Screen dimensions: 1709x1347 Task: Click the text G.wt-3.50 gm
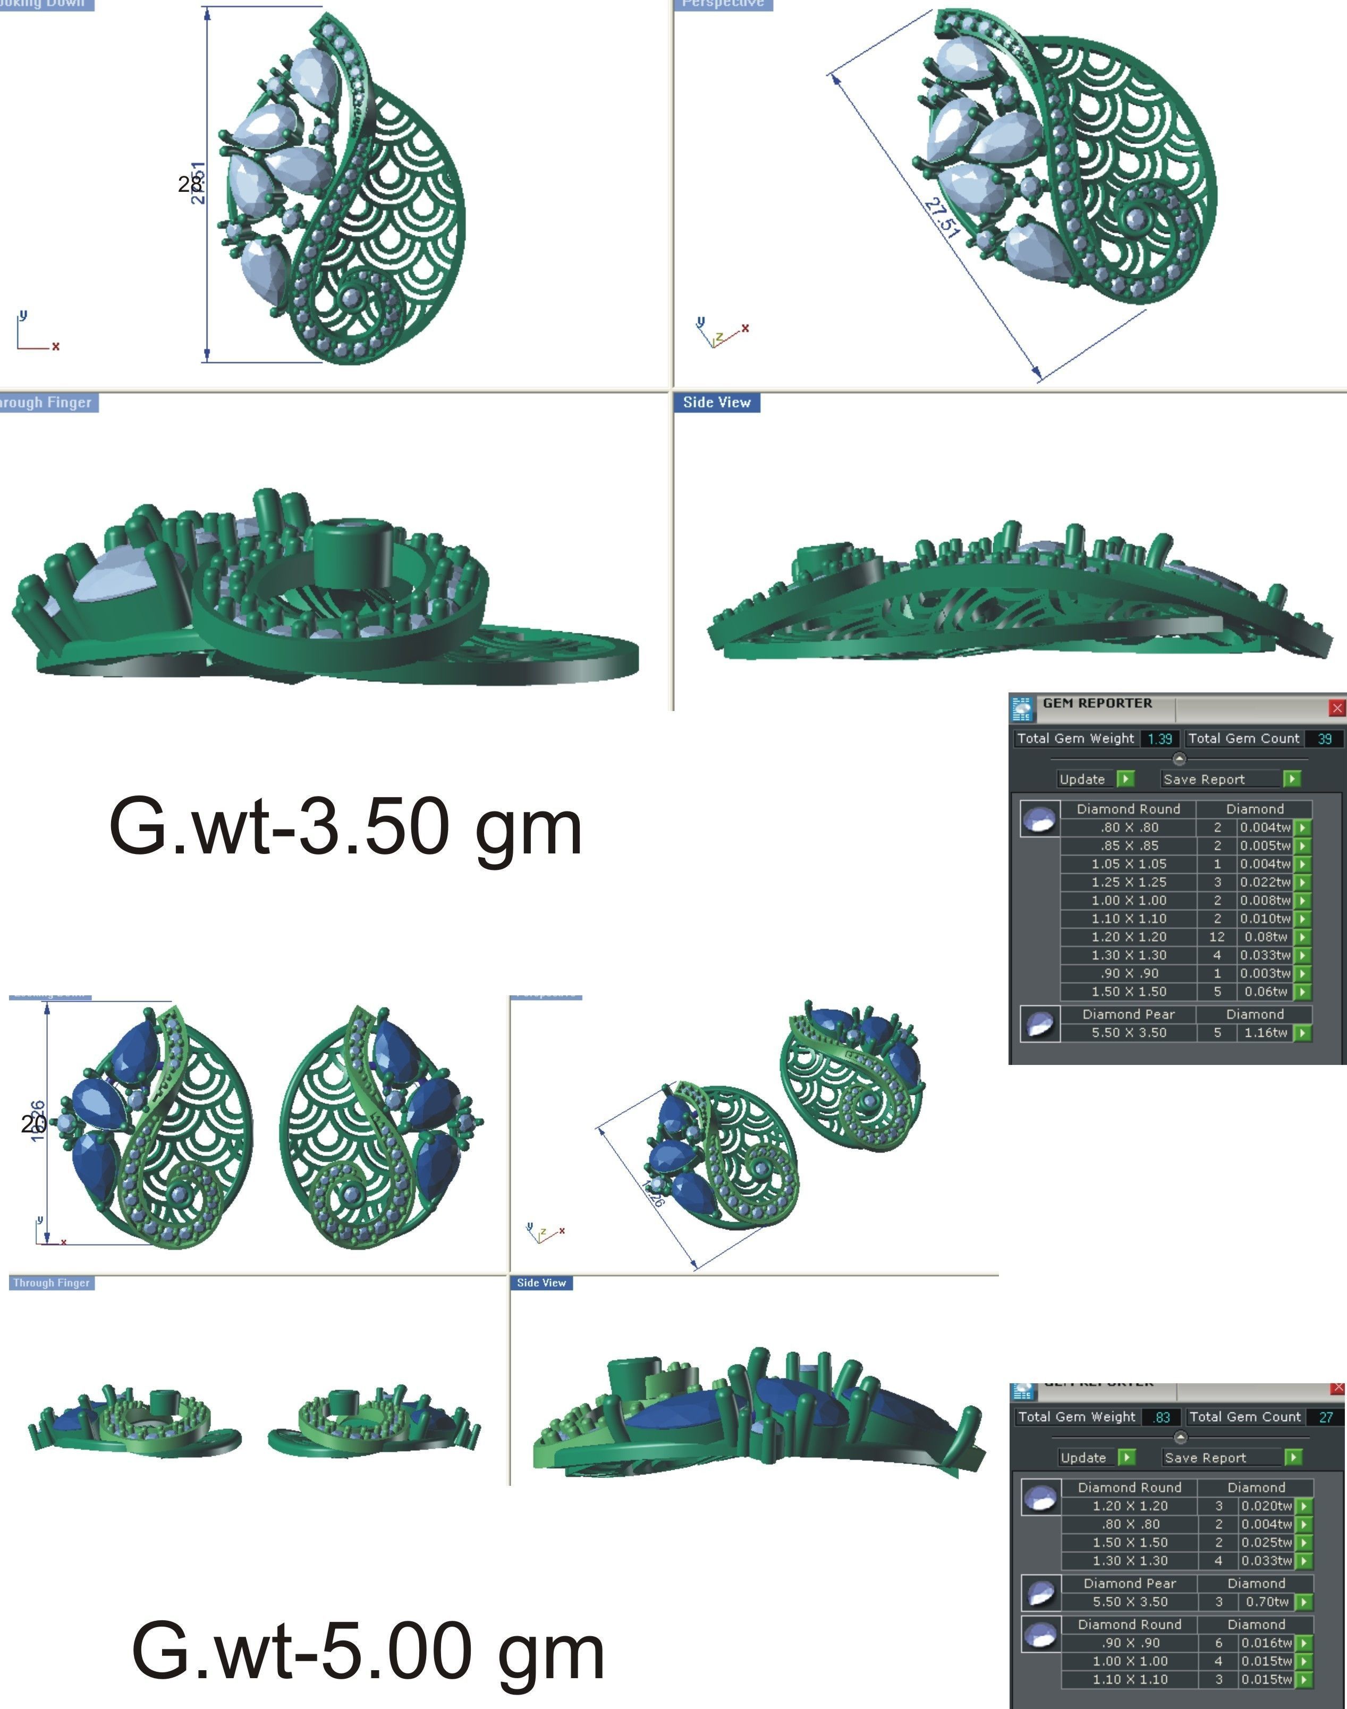(345, 827)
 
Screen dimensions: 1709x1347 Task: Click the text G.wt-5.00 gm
(368, 1651)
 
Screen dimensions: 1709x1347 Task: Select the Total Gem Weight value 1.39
(1159, 739)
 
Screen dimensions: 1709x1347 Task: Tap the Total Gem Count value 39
(1324, 739)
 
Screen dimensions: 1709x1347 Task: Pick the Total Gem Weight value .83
(1161, 1417)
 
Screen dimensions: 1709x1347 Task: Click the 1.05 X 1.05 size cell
(1129, 865)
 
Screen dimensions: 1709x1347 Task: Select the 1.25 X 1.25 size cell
(1129, 883)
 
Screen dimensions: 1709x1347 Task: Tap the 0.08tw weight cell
(1265, 937)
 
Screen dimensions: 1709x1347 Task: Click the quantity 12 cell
(1217, 937)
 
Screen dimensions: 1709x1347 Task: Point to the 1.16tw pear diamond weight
(1265, 1033)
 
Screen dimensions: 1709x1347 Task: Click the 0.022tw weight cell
(1265, 883)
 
